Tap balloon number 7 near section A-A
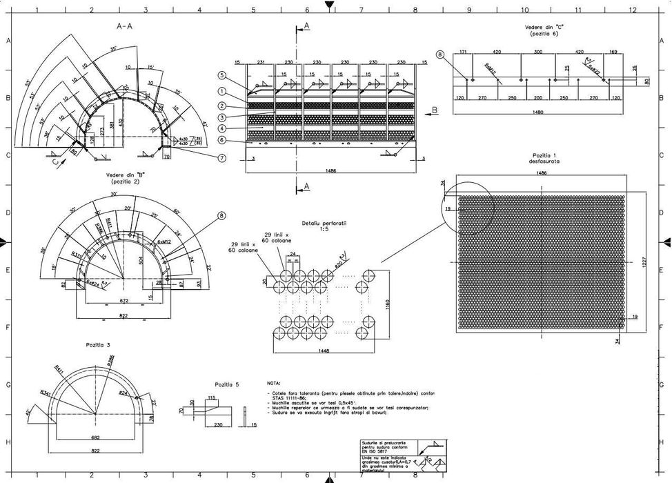tap(221, 158)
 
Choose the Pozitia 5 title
tap(226, 385)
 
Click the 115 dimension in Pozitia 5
tap(211, 398)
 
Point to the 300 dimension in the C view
tap(538, 52)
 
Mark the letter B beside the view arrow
tap(435, 110)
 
